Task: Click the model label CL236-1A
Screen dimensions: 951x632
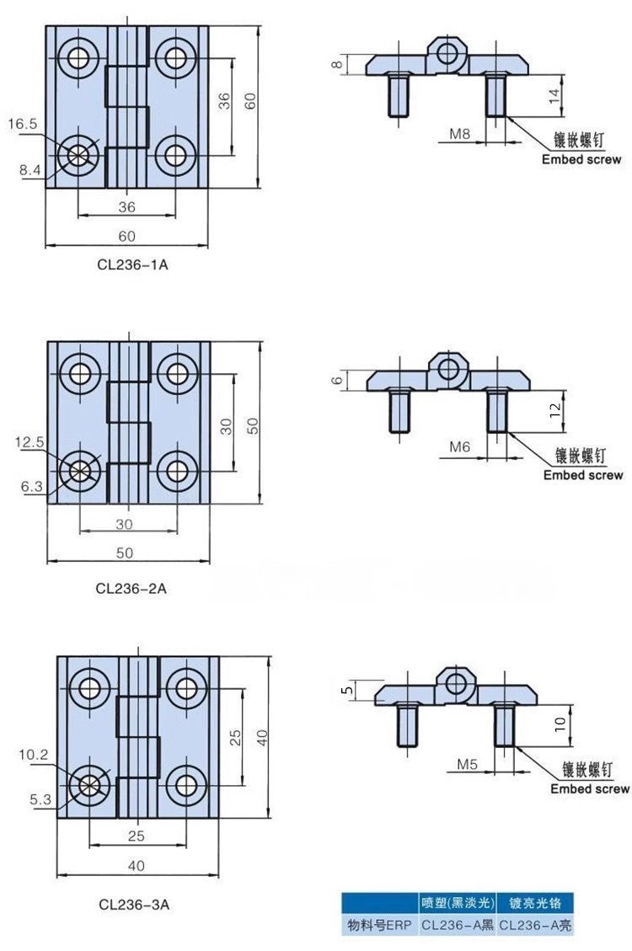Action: pyautogui.click(x=132, y=264)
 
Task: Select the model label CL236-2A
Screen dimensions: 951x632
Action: pyautogui.click(x=131, y=589)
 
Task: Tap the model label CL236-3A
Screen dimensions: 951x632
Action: pyautogui.click(x=134, y=906)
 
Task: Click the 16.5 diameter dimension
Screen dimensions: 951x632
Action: pyautogui.click(x=23, y=124)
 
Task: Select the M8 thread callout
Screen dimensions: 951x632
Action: pyautogui.click(x=459, y=134)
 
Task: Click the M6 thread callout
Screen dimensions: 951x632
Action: pyautogui.click(x=459, y=447)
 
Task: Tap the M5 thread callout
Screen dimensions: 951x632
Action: pyautogui.click(x=468, y=764)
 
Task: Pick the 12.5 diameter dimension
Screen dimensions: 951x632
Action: pyautogui.click(x=29, y=441)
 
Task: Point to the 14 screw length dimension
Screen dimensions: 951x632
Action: pyautogui.click(x=554, y=95)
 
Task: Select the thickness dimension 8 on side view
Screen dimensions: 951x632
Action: pyautogui.click(x=336, y=65)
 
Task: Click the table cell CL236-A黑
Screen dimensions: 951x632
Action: pyautogui.click(x=456, y=925)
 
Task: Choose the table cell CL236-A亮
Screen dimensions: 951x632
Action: pyautogui.click(x=535, y=925)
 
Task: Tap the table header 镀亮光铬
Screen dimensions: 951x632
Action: pyautogui.click(x=535, y=903)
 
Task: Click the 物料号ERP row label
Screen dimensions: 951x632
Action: pyautogui.click(x=378, y=925)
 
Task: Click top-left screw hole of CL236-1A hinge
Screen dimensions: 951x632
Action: pyautogui.click(x=79, y=57)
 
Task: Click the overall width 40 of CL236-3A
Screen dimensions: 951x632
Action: pyautogui.click(x=137, y=865)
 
